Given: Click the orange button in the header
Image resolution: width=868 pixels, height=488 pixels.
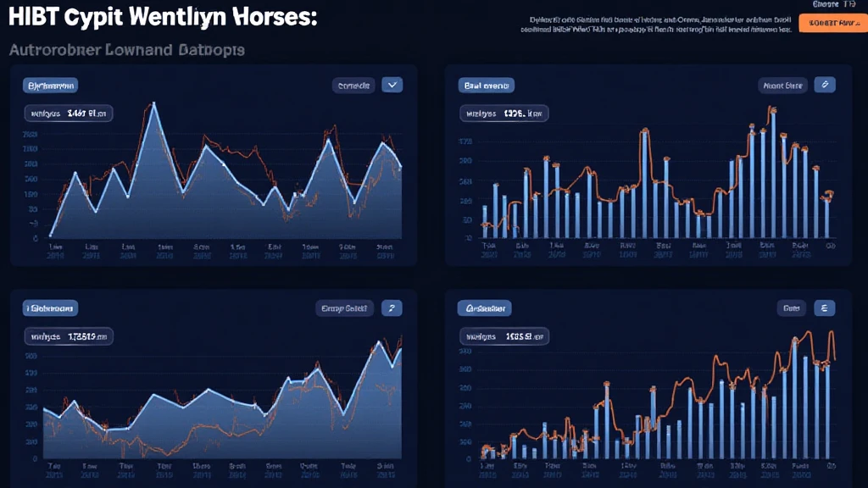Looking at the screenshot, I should tap(829, 25).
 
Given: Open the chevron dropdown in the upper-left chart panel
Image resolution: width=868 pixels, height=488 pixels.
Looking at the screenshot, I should tap(392, 84).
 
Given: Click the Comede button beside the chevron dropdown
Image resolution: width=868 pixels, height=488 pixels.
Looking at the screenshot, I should tap(353, 85).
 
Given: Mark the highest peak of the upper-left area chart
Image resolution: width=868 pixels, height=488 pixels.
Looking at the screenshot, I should tap(153, 104).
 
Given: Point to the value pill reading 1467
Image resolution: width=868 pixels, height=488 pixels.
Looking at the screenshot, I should tap(70, 112).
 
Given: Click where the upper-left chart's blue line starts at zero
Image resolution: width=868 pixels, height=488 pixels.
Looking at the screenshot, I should tap(52, 235).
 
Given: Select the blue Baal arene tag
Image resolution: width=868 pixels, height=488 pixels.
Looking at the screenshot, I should tap(486, 85).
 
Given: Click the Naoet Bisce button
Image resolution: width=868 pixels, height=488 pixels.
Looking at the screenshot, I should tap(782, 85).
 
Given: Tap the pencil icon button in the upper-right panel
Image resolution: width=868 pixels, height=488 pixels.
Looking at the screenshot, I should tap(824, 84).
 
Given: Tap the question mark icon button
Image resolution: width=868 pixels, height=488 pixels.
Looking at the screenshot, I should tap(391, 308).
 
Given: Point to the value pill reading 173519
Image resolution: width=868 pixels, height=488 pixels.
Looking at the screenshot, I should tap(70, 335).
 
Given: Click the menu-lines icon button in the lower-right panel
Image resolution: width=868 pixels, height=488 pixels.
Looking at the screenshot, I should tap(824, 308).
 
